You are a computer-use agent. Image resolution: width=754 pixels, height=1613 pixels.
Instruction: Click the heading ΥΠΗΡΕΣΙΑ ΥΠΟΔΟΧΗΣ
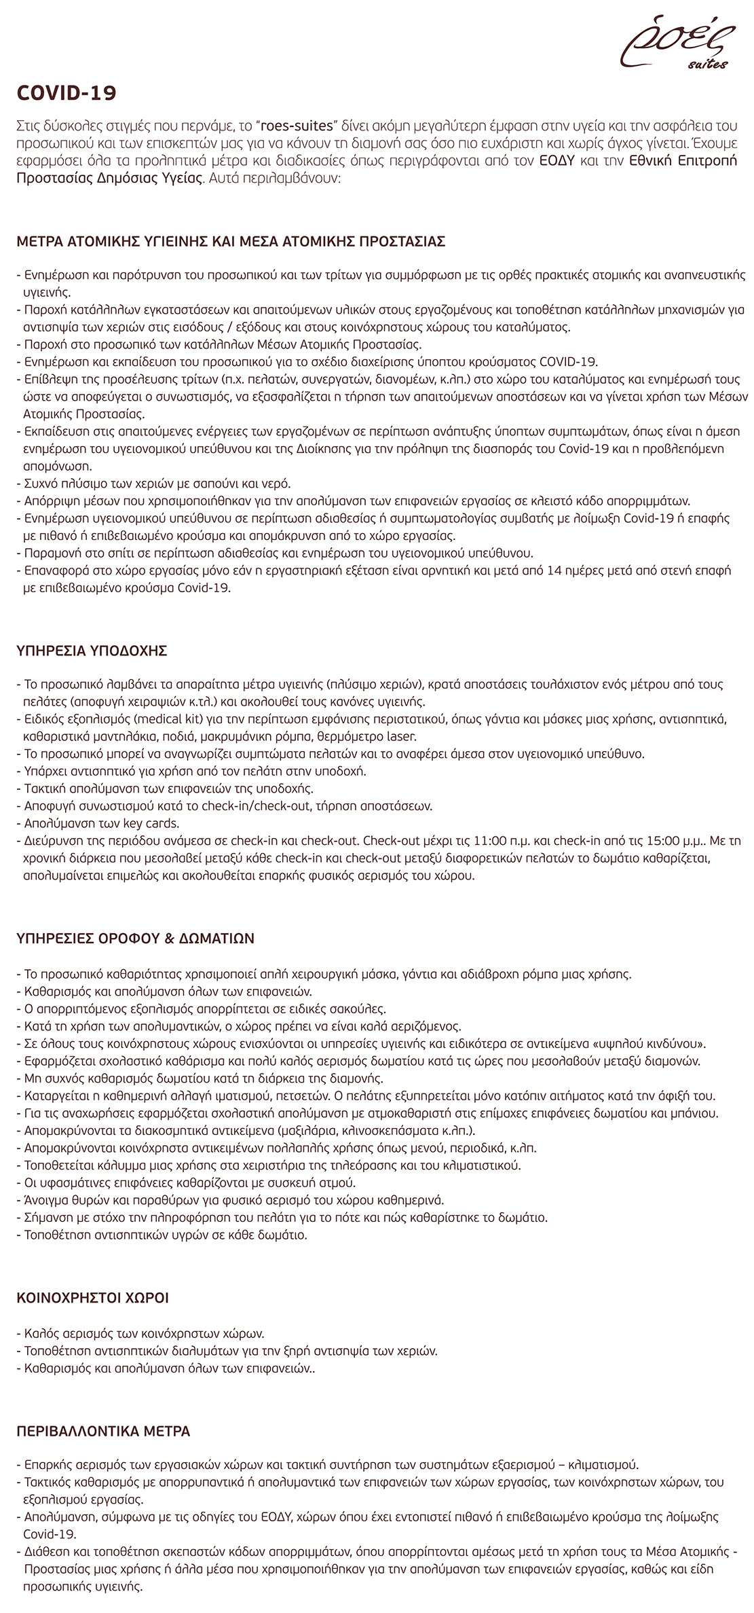[92, 651]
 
